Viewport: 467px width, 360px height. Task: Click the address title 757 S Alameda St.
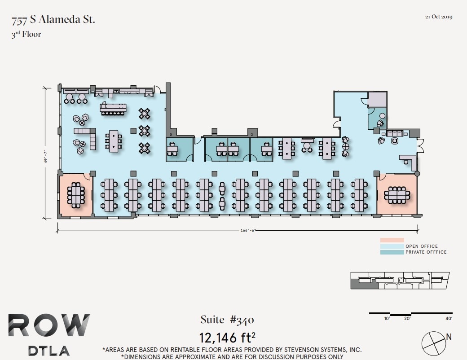53,20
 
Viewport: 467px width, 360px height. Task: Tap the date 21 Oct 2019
439,17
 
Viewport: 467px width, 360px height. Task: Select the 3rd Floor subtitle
26,34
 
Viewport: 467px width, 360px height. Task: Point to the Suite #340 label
227,320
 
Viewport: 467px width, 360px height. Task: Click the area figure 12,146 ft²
227,337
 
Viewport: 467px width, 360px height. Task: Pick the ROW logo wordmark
49,326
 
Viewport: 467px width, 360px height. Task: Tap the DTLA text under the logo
49,351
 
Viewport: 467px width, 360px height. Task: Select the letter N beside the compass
448,337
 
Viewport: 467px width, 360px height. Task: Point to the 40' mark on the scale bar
449,319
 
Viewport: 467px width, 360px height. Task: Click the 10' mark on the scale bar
387,319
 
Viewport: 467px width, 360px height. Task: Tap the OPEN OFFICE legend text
422,246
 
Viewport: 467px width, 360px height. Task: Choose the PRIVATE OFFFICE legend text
426,252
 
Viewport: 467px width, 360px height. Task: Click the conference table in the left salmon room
76,195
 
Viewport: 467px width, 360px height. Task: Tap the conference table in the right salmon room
397,195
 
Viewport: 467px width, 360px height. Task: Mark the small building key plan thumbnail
400,281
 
